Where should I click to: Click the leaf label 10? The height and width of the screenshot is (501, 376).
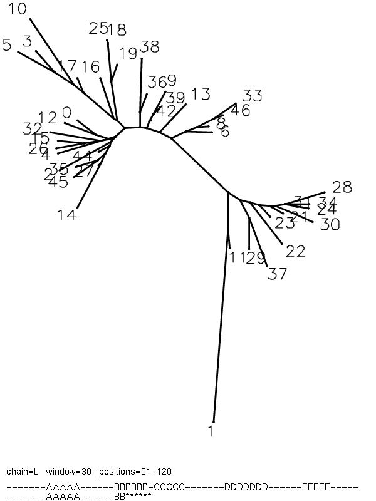(18, 9)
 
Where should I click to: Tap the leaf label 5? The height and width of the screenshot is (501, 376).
(7, 45)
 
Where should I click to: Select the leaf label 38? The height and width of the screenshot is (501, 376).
(150, 46)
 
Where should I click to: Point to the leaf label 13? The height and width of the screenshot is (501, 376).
(201, 94)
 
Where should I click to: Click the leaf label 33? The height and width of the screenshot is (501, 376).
(252, 96)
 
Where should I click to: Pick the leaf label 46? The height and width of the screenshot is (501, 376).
(240, 111)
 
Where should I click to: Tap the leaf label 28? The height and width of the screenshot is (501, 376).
(342, 187)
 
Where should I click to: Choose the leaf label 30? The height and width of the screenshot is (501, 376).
(330, 224)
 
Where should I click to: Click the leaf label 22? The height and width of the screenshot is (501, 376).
(295, 251)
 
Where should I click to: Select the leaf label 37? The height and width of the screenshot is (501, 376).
(278, 274)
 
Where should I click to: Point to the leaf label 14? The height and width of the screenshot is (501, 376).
(66, 215)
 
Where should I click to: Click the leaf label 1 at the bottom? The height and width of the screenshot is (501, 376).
(211, 431)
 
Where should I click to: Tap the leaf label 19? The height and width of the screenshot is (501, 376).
(128, 53)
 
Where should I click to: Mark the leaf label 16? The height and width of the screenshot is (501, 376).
(90, 66)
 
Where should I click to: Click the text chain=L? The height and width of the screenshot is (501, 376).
(23, 472)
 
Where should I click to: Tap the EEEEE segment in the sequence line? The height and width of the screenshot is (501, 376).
(316, 487)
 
